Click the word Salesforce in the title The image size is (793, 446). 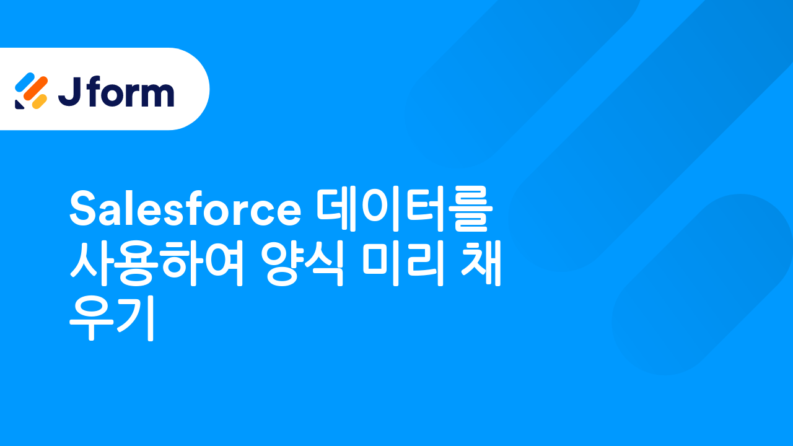(185, 209)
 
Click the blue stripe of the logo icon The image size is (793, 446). (24, 81)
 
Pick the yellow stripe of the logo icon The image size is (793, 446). (39, 101)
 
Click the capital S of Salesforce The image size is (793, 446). (83, 209)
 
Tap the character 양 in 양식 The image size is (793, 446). (283, 265)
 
